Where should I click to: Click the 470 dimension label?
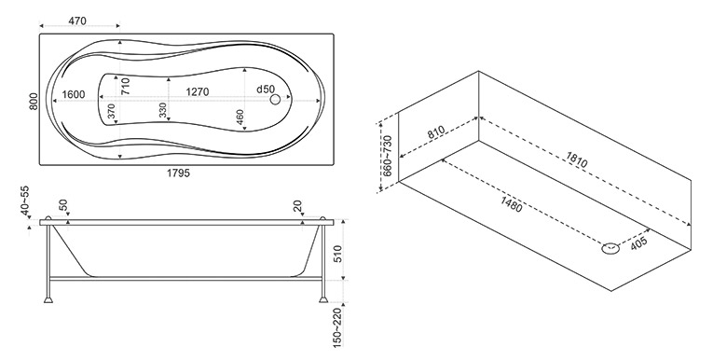pyautogui.click(x=76, y=21)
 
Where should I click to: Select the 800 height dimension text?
pyautogui.click(x=34, y=101)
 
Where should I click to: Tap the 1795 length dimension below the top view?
pyautogui.click(x=179, y=173)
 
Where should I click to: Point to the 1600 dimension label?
pyautogui.click(x=74, y=94)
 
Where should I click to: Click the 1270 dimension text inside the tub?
pyautogui.click(x=198, y=92)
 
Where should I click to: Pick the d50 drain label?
pyautogui.click(x=266, y=90)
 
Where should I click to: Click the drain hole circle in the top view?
pyautogui.click(x=275, y=99)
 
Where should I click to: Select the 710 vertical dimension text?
pyautogui.click(x=126, y=86)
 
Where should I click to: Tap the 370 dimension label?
pyautogui.click(x=112, y=112)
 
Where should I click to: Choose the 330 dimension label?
pyautogui.click(x=163, y=111)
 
